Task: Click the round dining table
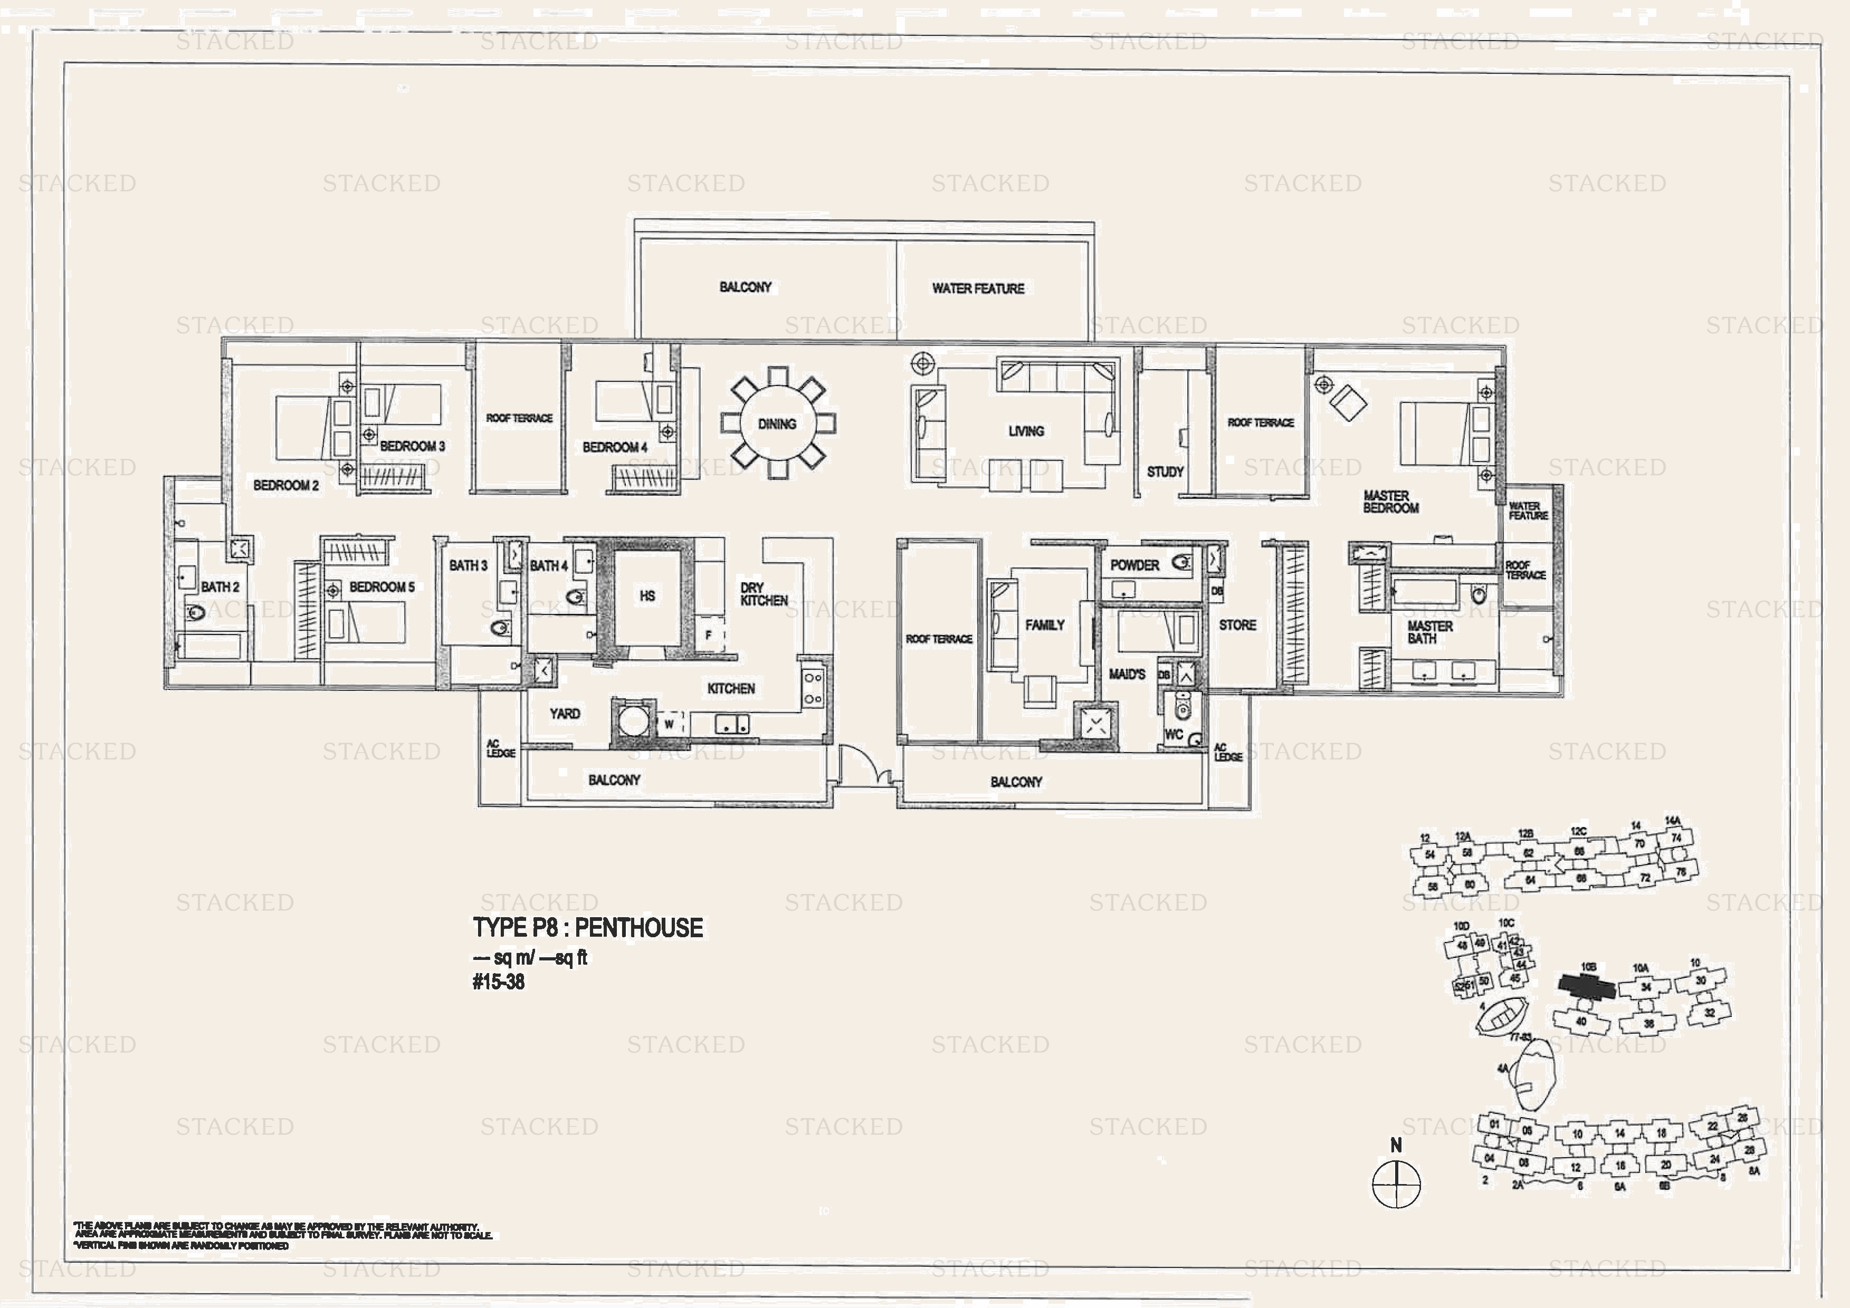coord(777,424)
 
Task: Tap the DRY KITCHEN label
coord(764,594)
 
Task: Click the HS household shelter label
coord(647,596)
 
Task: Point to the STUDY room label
coord(1165,472)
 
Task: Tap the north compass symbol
coord(1396,1183)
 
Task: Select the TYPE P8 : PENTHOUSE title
coord(587,928)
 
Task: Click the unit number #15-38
coord(498,982)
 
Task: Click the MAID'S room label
coord(1127,674)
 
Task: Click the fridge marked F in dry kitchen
coord(709,634)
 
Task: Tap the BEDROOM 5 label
coord(382,587)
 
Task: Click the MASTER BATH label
coord(1429,632)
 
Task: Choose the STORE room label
coord(1237,625)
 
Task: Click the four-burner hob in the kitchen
coord(812,689)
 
